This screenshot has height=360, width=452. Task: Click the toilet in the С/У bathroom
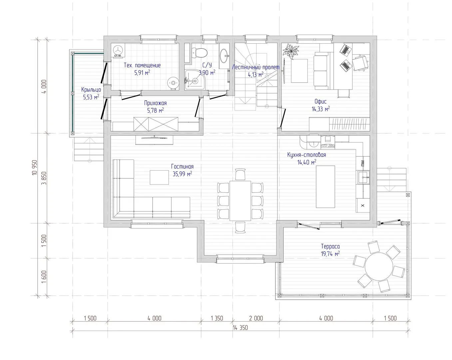coord(199,53)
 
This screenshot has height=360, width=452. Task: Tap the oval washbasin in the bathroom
coord(224,56)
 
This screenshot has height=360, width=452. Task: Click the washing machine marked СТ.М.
coord(118,50)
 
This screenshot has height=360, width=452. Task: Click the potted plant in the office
coord(290,51)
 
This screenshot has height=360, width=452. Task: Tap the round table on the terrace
coord(379,266)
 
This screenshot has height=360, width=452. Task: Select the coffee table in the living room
coord(159,177)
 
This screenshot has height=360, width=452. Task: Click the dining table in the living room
coord(240,201)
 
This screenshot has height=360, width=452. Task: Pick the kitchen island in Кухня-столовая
coord(325,187)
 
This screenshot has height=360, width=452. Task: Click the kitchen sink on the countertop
coord(363,177)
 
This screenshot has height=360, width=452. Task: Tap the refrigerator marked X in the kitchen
coord(363,205)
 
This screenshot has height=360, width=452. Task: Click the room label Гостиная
coord(182,167)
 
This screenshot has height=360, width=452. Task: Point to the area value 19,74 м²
coord(330,254)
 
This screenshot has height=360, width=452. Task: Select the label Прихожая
coord(155,103)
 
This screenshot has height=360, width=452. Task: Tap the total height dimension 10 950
coord(35,167)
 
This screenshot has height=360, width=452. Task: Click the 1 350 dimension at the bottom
coord(217,318)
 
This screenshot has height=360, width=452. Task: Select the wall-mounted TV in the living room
coord(154,138)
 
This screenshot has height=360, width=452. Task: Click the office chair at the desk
coord(360,63)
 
